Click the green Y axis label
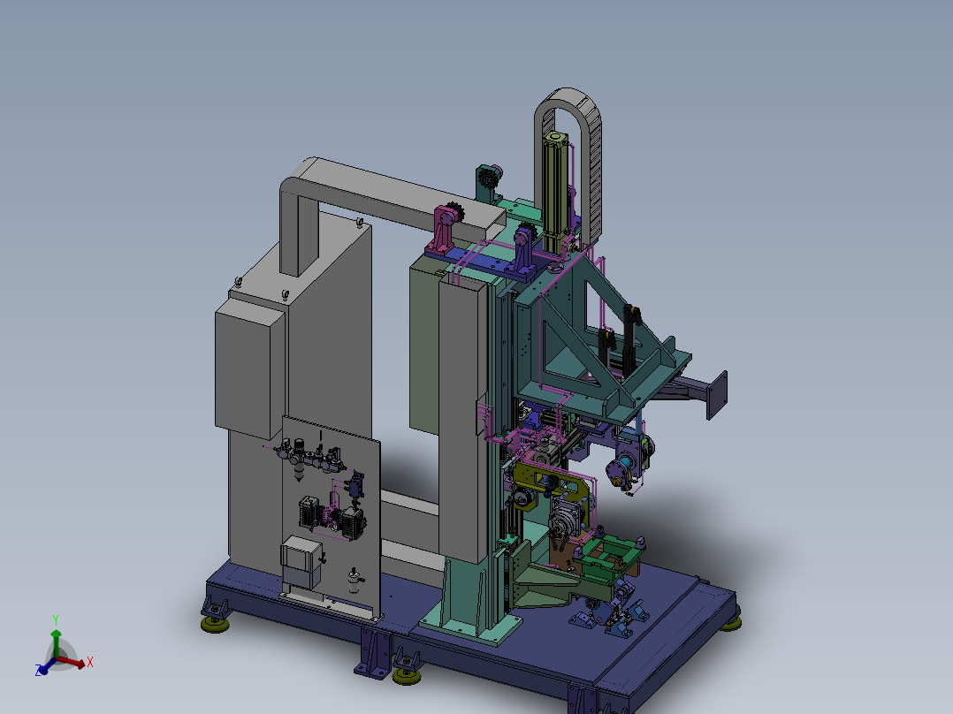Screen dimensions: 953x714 pos(56,619)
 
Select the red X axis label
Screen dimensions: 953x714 pos(90,662)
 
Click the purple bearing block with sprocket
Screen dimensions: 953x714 pos(524,248)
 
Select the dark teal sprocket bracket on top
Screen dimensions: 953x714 pos(489,184)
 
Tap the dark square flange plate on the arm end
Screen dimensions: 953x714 pos(717,395)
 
